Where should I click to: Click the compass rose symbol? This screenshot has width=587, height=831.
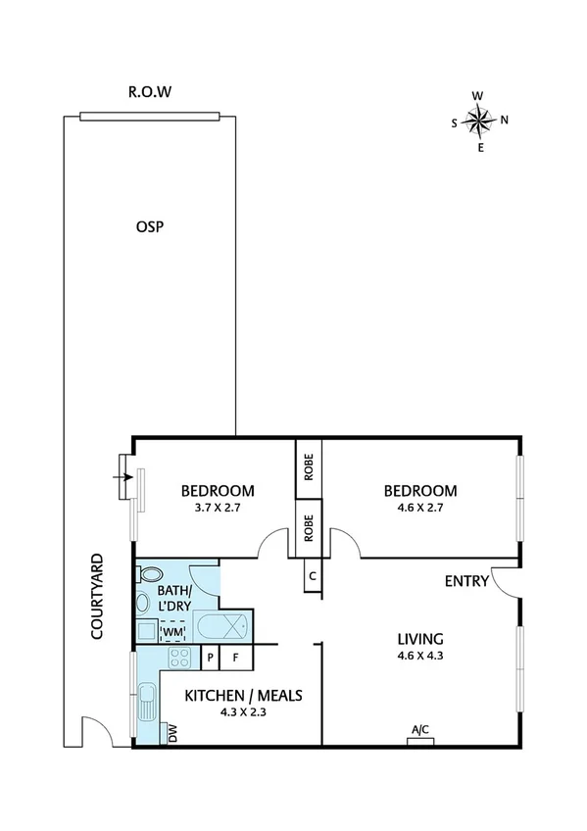tap(479, 122)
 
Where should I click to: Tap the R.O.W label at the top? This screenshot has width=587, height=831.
tap(150, 94)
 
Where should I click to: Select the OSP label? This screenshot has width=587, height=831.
tap(149, 227)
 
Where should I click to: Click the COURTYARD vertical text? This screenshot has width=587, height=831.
tap(97, 598)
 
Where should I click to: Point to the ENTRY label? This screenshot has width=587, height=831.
tap(466, 581)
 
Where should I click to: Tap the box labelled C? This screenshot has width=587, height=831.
tap(312, 576)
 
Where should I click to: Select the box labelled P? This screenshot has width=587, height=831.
tap(210, 658)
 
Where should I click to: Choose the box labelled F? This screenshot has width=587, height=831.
tap(235, 658)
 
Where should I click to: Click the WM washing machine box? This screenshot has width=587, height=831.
tap(173, 631)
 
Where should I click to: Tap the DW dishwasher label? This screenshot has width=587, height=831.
tap(172, 734)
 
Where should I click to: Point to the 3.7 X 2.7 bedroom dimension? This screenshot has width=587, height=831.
tap(219, 509)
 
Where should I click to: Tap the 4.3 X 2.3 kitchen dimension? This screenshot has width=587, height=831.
tap(243, 713)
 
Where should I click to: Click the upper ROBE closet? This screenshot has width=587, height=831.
tap(308, 469)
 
